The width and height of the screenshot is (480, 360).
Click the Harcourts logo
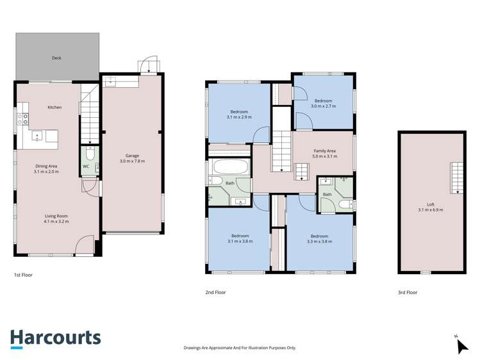pos(55,338)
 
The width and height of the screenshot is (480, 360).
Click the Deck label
pos(57,58)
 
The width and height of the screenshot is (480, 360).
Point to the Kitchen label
pos(54,107)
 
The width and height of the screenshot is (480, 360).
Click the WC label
pos(85,167)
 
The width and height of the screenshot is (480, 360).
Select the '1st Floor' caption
pos(23,275)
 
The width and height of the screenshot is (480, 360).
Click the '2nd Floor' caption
pos(215,292)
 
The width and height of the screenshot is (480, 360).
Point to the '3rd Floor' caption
pos(408,292)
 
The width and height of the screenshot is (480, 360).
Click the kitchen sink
pos(38,135)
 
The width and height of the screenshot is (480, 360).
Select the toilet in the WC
pos(90,154)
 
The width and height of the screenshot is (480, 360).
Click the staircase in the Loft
pos(456,177)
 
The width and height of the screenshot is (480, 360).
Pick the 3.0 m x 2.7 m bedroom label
pos(323,103)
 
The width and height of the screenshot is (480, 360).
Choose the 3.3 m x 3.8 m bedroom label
pos(319,238)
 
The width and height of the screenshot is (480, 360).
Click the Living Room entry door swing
pos(83,245)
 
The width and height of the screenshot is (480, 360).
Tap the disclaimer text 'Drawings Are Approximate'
pos(240,347)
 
